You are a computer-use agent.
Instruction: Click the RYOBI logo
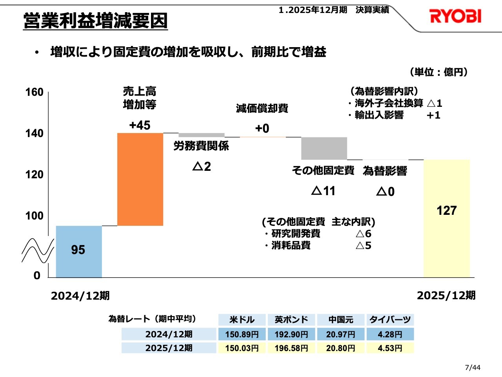pos(455,16)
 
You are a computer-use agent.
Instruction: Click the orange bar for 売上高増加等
pos(140,179)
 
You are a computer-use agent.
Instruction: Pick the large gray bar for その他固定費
pos(324,148)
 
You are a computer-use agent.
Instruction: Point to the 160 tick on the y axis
pos(35,92)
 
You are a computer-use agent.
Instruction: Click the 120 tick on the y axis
pos(35,175)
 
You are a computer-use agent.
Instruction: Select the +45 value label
pos(140,125)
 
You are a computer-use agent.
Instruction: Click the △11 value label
pos(323,191)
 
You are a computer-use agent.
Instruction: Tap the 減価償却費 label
pos(262,108)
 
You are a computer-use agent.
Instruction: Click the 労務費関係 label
pos(201,146)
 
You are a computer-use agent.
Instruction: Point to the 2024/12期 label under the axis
pos(80,296)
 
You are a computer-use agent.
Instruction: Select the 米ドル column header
pos(242,320)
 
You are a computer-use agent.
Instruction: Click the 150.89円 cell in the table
pos(242,334)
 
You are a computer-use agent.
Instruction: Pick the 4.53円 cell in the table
pos(390,348)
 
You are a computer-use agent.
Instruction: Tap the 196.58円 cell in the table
pos(291,348)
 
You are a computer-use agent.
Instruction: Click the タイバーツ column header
pos(390,320)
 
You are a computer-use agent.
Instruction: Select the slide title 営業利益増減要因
pos(95,21)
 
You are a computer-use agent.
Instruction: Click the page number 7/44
pos(472,368)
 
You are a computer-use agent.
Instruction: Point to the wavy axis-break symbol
pos(38,251)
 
